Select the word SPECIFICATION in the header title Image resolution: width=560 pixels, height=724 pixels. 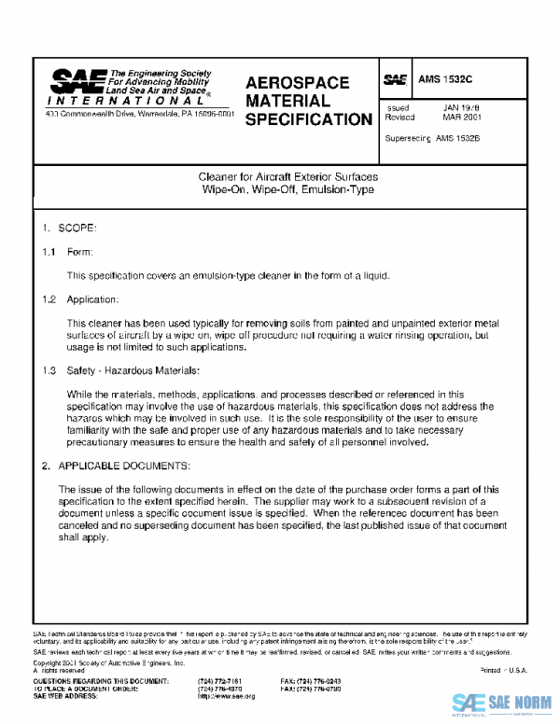coord(308,120)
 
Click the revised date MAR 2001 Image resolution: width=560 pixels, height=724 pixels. coord(461,118)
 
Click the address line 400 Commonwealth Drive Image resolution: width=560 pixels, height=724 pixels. coord(140,114)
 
